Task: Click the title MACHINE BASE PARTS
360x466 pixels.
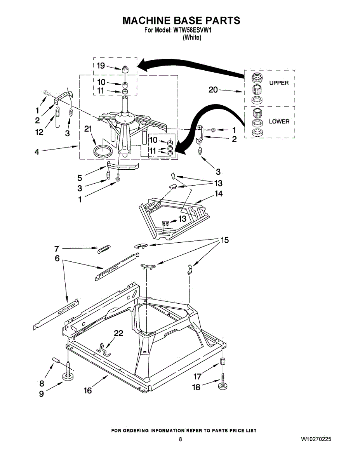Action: [x=181, y=21]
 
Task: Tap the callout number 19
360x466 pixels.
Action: [x=101, y=66]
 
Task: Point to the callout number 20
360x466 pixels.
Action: [x=213, y=90]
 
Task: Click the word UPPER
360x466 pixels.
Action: [x=278, y=83]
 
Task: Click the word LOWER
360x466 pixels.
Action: [x=279, y=122]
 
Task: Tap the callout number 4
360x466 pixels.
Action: [x=37, y=152]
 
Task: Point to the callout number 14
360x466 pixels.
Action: [x=219, y=193]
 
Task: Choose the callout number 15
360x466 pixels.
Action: [x=224, y=240]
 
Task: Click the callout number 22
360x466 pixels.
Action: [x=118, y=334]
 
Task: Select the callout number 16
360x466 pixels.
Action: [x=88, y=390]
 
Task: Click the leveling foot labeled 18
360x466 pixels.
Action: [x=223, y=386]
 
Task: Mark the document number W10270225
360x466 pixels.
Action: [x=316, y=439]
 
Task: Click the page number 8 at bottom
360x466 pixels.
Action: [x=181, y=439]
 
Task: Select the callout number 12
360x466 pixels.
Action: [x=39, y=132]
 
